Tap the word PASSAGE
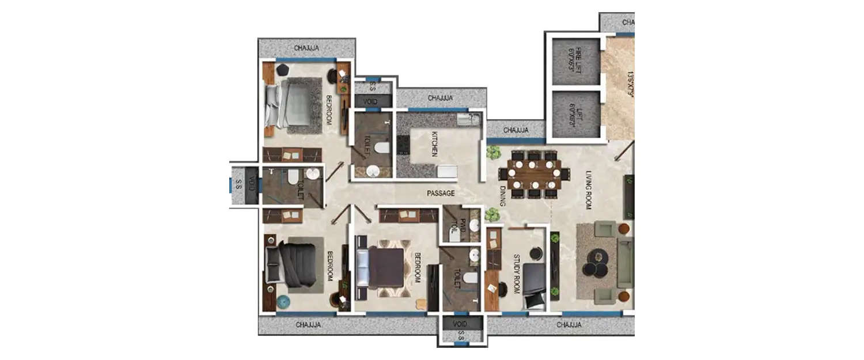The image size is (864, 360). tap(441, 194)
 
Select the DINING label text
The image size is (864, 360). tap(502, 195)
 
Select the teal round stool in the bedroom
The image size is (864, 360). tap(283, 301)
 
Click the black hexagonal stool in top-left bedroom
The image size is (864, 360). tap(282, 69)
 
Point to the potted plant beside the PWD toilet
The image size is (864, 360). tap(491, 215)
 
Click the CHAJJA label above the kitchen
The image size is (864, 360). tap(440, 98)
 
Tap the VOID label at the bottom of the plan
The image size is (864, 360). tap(460, 324)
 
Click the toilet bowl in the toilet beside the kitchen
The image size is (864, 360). tap(381, 148)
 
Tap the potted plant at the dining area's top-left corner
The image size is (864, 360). tap(493, 153)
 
